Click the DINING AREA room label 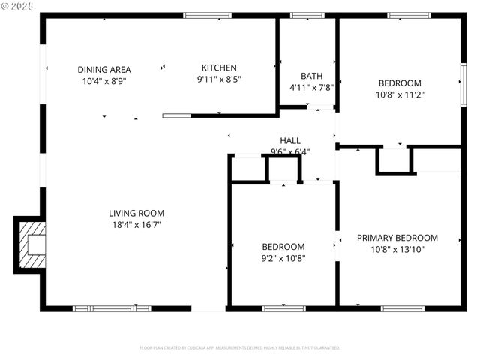(x=104, y=69)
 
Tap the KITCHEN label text (x=219, y=67)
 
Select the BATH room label (x=311, y=76)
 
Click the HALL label (x=290, y=140)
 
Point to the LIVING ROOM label (x=136, y=213)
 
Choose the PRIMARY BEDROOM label (x=397, y=238)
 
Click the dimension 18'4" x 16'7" (x=136, y=224)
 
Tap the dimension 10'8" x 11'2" (x=399, y=94)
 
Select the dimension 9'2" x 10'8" (x=283, y=258)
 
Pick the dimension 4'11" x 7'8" (x=311, y=87)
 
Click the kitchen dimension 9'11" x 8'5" (x=219, y=79)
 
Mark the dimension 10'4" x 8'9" (x=104, y=80)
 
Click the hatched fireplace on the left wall (x=31, y=245)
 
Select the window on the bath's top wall (x=302, y=15)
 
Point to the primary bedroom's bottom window (x=403, y=307)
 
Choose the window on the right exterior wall (x=463, y=79)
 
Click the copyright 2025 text (x=18, y=6)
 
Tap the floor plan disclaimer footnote (x=240, y=348)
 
